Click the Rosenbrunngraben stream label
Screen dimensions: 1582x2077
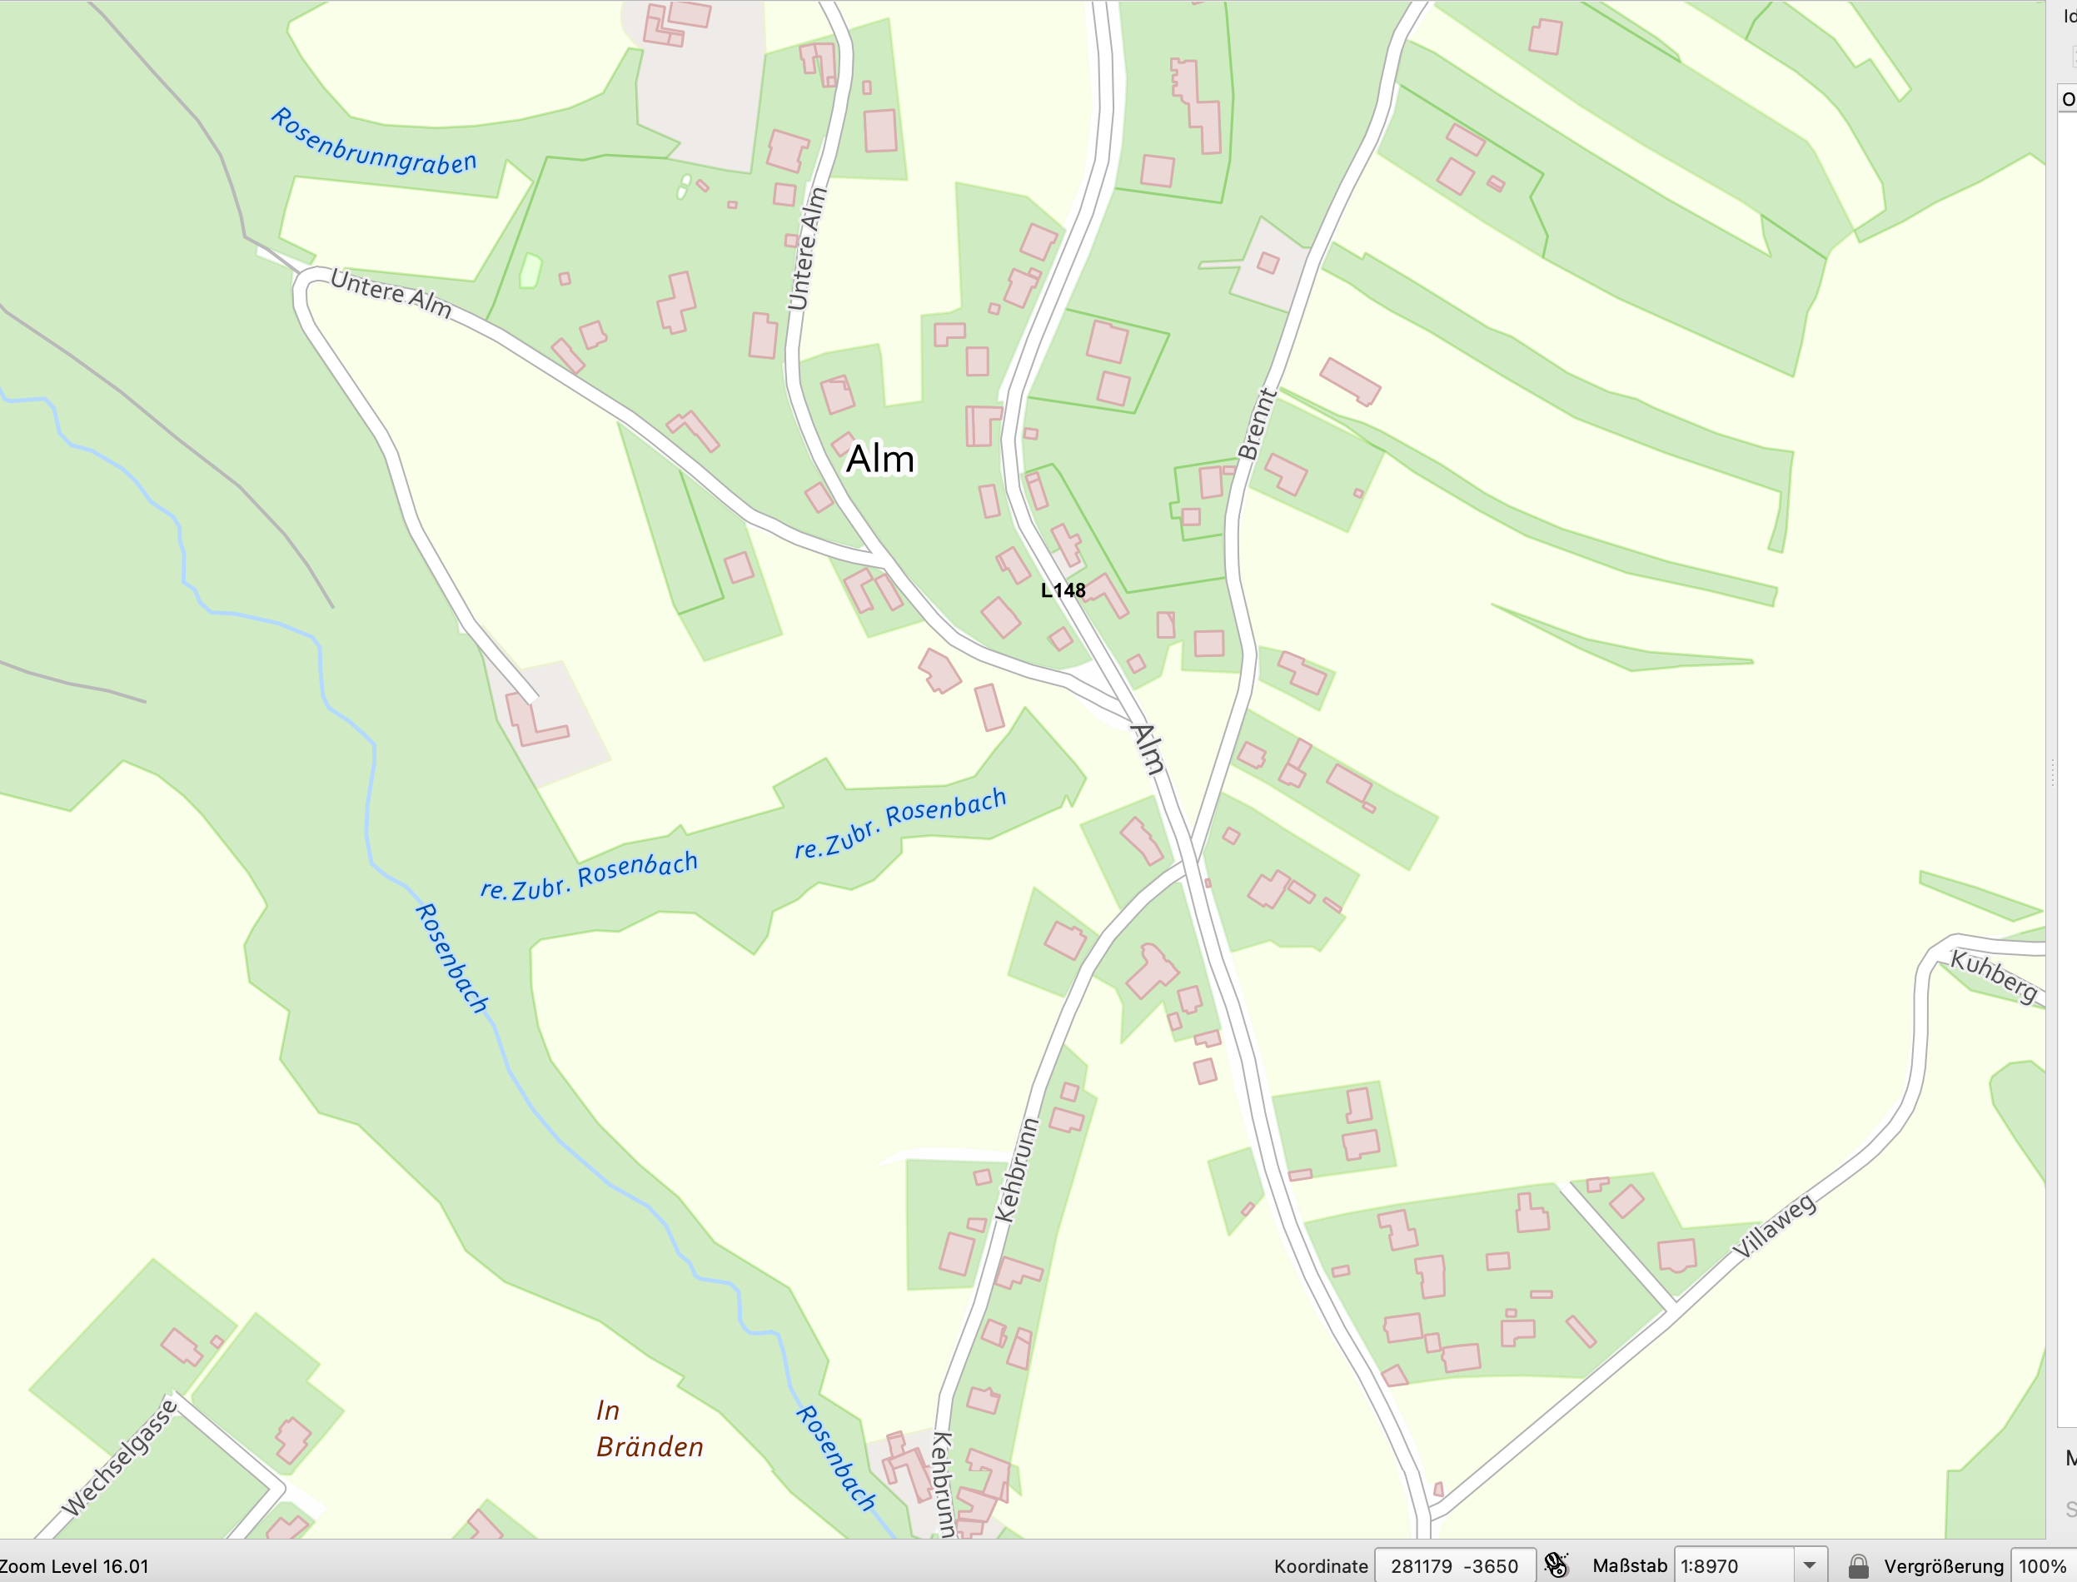tap(374, 143)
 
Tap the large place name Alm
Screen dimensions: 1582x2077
tap(879, 460)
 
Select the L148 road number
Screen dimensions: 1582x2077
tap(1063, 590)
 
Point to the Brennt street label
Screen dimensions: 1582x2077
tap(1257, 425)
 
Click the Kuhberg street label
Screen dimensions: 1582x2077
tap(1993, 977)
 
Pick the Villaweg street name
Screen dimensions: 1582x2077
tap(1774, 1226)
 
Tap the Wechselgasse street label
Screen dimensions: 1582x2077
tap(120, 1458)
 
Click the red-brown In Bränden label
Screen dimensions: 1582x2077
tap(648, 1429)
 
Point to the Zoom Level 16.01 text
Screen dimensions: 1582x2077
tap(74, 1566)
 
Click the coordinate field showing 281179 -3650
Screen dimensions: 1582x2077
tap(1453, 1566)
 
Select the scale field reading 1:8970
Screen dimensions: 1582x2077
tap(1732, 1566)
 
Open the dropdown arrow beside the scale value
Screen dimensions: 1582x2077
tap(1810, 1566)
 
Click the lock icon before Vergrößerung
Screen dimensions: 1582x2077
tap(1857, 1566)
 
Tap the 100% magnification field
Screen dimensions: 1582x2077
tap(2041, 1566)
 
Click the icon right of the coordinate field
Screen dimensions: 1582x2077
tap(1557, 1566)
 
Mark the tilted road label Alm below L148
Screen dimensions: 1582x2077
tap(1148, 749)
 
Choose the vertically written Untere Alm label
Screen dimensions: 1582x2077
tap(807, 249)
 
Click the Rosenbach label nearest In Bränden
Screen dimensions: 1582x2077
tap(835, 1459)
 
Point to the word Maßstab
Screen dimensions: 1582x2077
tap(1629, 1566)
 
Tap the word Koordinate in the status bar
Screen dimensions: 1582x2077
tap(1321, 1566)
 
